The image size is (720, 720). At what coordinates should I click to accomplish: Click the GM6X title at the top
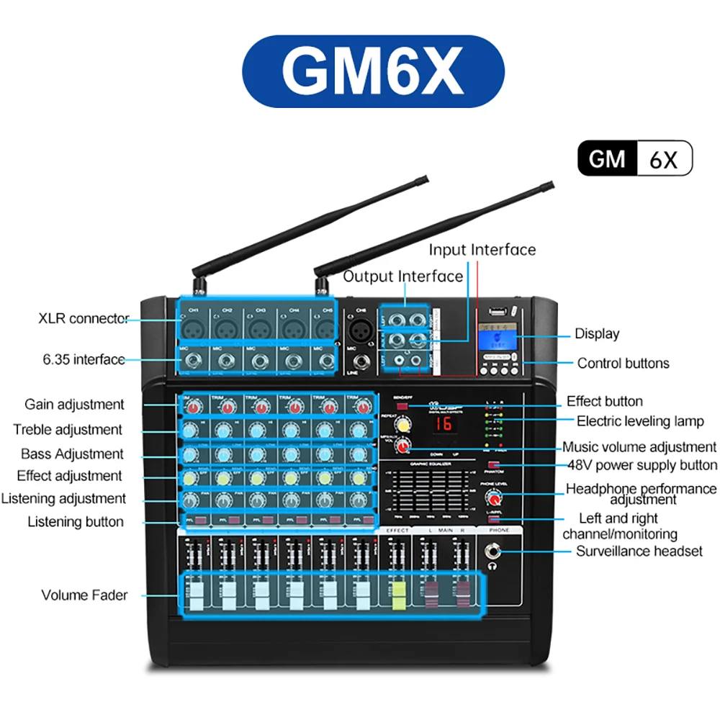[x=372, y=70]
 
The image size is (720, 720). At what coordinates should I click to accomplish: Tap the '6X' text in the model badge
[x=663, y=159]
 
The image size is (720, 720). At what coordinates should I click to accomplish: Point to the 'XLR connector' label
[x=84, y=318]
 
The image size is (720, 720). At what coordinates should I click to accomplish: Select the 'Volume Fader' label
[x=84, y=595]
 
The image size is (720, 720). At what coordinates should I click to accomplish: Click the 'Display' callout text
[x=597, y=333]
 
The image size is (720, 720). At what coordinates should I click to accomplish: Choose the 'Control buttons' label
[x=623, y=364]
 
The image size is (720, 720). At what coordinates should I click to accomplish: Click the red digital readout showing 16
[x=444, y=425]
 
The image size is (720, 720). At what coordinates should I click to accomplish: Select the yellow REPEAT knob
[x=404, y=426]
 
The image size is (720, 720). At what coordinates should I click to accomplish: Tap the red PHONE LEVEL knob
[x=495, y=498]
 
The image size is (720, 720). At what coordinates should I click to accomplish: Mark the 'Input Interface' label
[x=482, y=250]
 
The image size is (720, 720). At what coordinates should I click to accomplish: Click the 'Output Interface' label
[x=402, y=276]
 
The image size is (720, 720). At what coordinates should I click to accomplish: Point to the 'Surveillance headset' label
[x=639, y=552]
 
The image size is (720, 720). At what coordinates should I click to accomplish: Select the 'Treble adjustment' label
[x=68, y=430]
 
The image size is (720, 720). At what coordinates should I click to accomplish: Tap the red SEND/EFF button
[x=402, y=407]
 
